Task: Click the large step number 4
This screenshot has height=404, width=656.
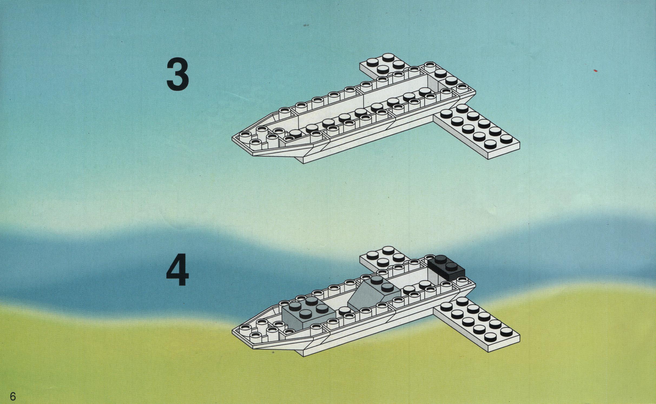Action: (x=177, y=269)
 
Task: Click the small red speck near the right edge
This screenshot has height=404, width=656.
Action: (x=595, y=71)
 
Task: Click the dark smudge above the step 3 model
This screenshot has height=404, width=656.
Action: (x=306, y=25)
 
